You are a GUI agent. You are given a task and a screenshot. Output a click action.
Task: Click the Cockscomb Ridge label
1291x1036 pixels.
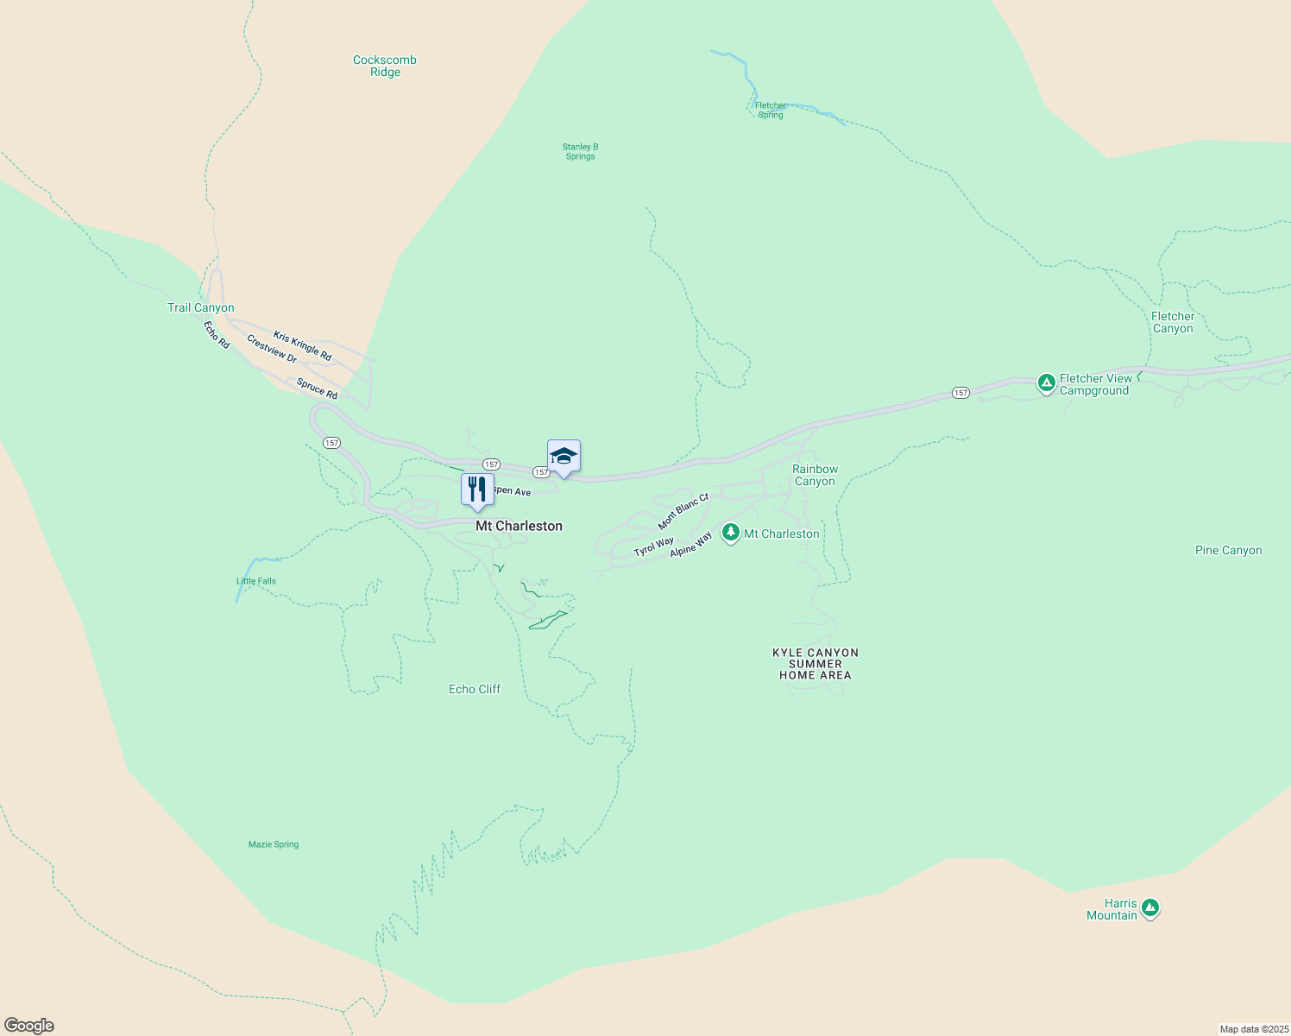point(385,66)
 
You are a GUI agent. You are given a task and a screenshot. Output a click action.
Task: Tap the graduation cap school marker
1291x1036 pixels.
point(564,457)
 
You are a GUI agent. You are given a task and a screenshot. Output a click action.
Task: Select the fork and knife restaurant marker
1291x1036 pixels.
point(477,490)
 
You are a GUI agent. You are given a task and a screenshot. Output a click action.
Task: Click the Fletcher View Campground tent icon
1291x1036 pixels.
point(1046,382)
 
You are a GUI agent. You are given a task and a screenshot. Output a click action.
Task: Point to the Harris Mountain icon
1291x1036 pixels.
point(1149,907)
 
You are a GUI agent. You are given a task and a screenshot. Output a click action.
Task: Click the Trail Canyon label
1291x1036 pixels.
point(201,307)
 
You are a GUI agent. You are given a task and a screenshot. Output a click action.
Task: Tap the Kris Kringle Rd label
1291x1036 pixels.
point(302,345)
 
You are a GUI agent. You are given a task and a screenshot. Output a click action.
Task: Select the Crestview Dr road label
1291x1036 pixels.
point(272,349)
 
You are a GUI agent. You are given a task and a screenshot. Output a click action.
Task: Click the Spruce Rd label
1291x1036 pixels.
point(317,388)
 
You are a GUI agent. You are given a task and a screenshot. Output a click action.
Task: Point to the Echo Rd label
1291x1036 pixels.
point(217,335)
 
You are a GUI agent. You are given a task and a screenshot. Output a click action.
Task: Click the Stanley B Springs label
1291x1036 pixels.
point(581,152)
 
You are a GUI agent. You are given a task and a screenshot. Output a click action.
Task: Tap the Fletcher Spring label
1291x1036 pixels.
point(771,111)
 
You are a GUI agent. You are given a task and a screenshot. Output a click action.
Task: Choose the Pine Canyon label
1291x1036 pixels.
point(1228,550)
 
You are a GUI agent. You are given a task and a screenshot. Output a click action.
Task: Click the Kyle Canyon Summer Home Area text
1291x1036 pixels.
point(816,664)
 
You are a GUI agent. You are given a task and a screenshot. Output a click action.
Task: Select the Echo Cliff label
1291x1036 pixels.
point(475,689)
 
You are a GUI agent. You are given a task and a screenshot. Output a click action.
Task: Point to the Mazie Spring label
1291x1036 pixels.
point(274,844)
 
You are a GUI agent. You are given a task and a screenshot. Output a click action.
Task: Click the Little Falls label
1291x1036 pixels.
point(256,581)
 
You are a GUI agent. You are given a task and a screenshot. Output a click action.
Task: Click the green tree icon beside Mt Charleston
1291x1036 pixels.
point(731,533)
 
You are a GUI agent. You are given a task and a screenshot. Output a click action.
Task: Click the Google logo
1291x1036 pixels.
point(29,1026)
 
